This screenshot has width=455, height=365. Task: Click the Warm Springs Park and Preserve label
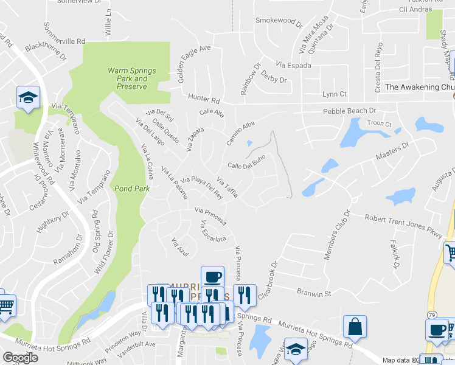(132, 78)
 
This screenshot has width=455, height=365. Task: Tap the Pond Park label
(132, 189)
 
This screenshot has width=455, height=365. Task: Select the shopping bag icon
(355, 327)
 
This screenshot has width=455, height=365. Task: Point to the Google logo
(20, 357)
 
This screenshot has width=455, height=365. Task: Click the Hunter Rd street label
(203, 97)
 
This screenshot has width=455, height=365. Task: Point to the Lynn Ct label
(334, 94)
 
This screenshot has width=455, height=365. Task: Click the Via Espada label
(293, 64)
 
